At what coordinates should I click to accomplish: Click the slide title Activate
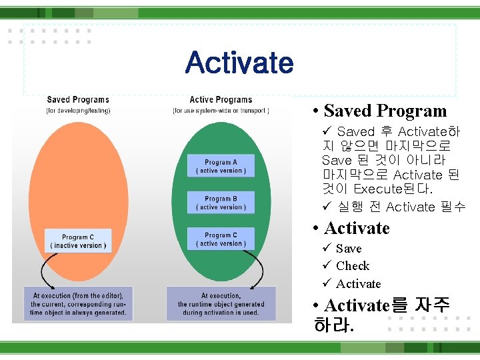(239, 63)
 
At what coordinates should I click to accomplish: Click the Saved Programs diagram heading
(78, 100)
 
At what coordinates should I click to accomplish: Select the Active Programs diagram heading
(221, 100)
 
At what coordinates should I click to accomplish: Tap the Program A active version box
(221, 166)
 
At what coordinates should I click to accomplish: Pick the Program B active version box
(221, 203)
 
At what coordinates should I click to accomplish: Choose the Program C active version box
(221, 239)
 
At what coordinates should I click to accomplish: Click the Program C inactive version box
(78, 241)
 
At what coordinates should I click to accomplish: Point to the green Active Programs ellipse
(221, 133)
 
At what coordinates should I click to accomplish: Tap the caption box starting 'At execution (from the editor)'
(78, 304)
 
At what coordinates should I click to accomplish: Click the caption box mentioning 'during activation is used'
(221, 304)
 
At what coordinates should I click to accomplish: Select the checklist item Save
(349, 249)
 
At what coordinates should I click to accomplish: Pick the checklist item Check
(353, 266)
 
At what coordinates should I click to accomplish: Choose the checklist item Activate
(359, 284)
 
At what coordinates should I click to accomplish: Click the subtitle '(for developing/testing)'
(78, 110)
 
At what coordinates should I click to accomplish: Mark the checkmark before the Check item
(327, 266)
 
